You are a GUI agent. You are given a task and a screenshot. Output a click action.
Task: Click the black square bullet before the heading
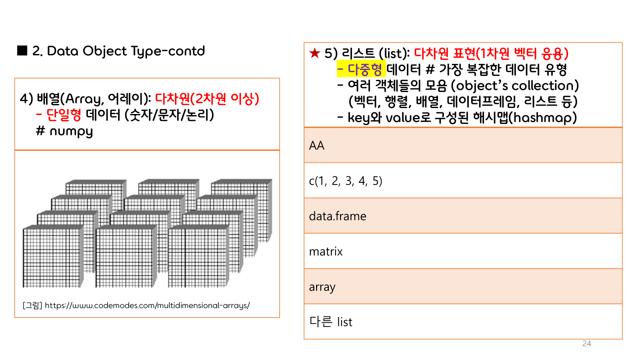tap(22, 50)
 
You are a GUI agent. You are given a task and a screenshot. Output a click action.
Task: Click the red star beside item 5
tap(315, 53)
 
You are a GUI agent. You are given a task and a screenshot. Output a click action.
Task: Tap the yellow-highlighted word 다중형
tap(364, 69)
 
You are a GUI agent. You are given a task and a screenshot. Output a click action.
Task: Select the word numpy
tap(71, 131)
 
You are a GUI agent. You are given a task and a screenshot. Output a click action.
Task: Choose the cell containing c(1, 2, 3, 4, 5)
tap(346, 181)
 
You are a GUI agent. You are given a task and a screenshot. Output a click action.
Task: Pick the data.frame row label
tap(338, 216)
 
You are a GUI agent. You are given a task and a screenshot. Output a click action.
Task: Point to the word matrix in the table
tap(326, 252)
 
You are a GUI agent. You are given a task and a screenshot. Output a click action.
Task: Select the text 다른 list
tap(330, 322)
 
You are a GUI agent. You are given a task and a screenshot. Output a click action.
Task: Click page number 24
tap(586, 344)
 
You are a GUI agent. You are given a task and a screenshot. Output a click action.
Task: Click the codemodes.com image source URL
tap(147, 306)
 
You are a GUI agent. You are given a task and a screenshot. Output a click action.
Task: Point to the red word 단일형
tap(64, 115)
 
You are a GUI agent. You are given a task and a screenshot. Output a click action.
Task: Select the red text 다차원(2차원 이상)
tap(207, 98)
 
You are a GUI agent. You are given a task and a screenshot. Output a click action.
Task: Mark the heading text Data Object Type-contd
tap(126, 51)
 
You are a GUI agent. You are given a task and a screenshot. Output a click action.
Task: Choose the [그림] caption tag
tap(32, 306)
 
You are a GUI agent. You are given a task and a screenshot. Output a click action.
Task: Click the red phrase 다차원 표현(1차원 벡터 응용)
tap(491, 53)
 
